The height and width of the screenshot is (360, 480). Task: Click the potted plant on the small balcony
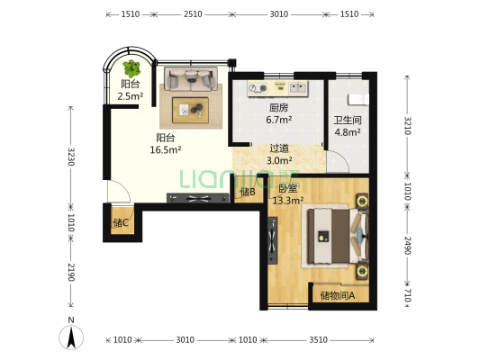[x=132, y=68]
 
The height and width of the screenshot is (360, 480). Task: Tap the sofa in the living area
[x=191, y=79]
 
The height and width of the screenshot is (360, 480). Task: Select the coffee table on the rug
[x=190, y=110]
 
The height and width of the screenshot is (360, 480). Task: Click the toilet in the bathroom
[x=358, y=99]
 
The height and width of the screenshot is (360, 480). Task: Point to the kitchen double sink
[x=297, y=88]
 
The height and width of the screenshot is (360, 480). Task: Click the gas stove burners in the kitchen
[x=258, y=88]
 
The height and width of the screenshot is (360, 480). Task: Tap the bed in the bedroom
[x=338, y=236]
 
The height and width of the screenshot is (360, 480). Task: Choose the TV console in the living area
[x=198, y=198]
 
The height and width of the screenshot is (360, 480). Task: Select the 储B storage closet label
[x=248, y=192]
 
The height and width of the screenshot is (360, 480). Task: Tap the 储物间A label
[x=338, y=296]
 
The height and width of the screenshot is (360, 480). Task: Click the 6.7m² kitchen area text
[x=278, y=120]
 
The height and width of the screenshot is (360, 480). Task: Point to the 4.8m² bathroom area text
[x=347, y=132]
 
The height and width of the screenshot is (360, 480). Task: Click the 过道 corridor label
[x=279, y=148]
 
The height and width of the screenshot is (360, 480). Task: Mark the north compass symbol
[x=71, y=335]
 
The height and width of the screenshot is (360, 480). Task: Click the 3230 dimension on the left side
[x=71, y=157]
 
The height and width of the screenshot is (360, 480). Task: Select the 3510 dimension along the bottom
[x=319, y=340]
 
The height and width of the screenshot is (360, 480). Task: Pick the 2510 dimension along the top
[x=193, y=14]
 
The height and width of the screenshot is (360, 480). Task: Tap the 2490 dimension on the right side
[x=407, y=246]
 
